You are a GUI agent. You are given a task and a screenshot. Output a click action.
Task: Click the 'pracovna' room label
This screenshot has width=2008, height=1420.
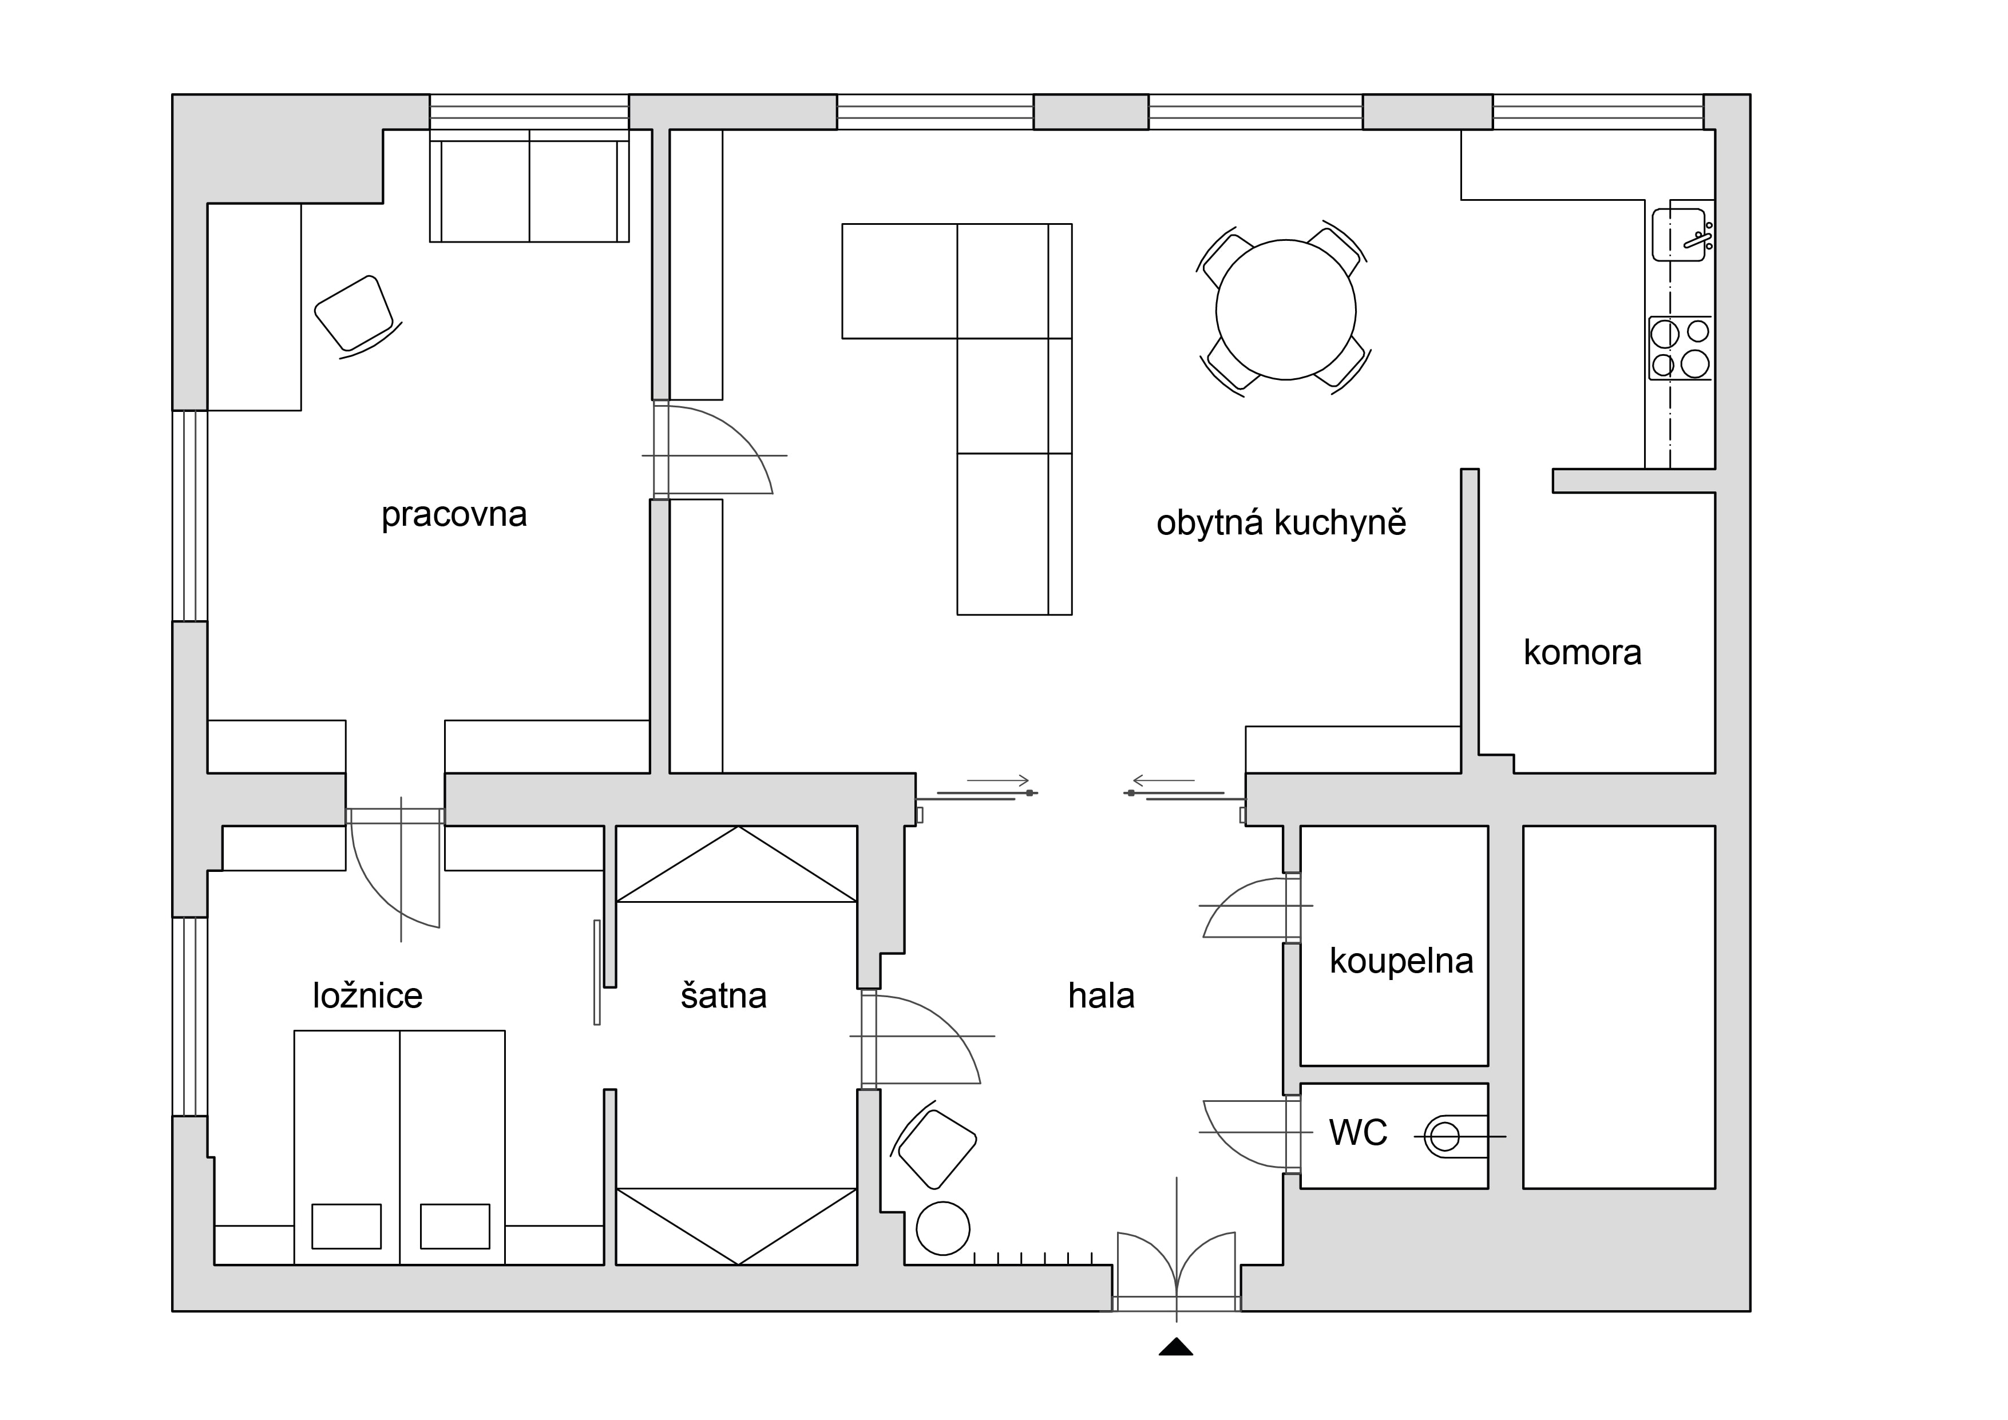tap(454, 515)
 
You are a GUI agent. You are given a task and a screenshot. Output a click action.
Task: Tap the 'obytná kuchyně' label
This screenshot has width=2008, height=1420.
tap(1281, 523)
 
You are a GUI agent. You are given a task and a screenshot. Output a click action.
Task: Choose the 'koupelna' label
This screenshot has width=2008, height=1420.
tap(1401, 961)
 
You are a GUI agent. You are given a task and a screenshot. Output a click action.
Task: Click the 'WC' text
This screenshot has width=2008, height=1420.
tap(1358, 1132)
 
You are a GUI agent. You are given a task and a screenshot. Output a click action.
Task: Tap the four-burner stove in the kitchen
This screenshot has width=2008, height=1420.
tap(1680, 348)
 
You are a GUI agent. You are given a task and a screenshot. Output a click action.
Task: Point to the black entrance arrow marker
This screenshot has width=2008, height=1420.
tap(1177, 1347)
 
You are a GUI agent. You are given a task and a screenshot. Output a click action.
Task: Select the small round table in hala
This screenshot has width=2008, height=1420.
tap(943, 1228)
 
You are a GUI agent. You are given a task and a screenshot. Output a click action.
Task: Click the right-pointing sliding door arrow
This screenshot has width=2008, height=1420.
tap(998, 780)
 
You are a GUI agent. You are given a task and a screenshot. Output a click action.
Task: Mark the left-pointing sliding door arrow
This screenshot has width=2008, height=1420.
tap(1163, 780)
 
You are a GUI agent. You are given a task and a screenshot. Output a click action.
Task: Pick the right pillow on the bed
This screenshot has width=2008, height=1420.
tap(455, 1226)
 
